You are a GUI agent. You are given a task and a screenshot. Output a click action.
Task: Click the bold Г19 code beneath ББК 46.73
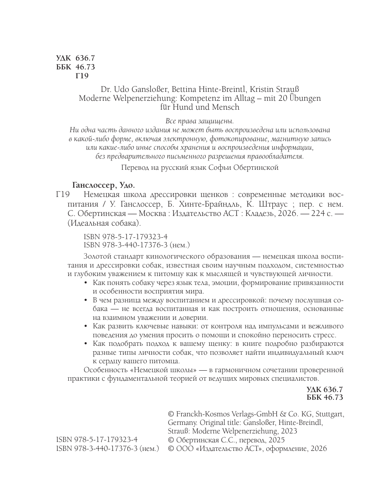tap(82, 76)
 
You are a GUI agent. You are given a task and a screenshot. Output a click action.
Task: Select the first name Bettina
tap(185, 89)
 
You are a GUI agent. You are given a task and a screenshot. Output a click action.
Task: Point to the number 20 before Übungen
tap(279, 98)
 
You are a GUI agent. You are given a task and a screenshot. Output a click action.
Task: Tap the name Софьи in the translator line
tap(220, 168)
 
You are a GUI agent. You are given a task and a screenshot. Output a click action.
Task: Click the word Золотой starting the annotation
tap(98, 256)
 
